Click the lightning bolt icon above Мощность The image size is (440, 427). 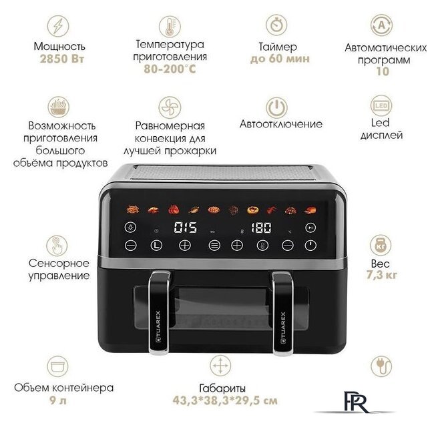tap(58, 26)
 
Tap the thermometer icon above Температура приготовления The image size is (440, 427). tap(170, 27)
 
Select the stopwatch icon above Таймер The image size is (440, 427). tap(276, 25)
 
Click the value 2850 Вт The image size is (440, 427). tap(62, 59)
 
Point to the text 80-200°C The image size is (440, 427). tap(170, 69)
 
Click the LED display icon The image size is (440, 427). tap(381, 106)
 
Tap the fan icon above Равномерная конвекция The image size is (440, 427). tap(170, 107)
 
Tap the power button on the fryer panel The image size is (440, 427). tap(310, 246)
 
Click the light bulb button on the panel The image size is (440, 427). tap(130, 228)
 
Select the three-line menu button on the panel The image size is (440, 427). tap(214, 246)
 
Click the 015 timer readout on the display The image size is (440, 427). tap(185, 228)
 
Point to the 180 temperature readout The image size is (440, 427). tap(261, 228)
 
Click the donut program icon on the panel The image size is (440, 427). tap(253, 209)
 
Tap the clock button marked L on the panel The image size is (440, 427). tap(156, 246)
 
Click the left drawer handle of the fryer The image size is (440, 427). tap(160, 312)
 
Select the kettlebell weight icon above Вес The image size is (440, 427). tap(381, 246)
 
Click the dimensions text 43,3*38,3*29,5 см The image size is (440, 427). tap(225, 400)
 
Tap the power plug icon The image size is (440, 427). tap(381, 366)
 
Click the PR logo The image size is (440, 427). tap(355, 402)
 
